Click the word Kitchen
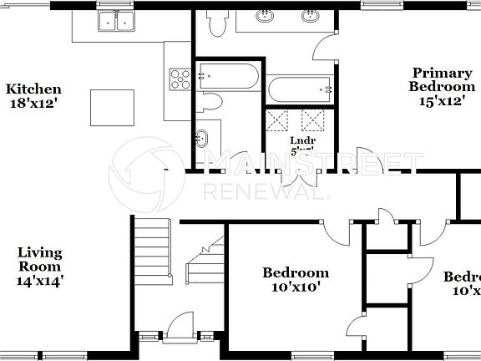[34, 89]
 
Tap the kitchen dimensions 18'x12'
[34, 104]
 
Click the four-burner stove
[180, 79]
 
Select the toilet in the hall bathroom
[211, 102]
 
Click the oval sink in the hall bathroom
[202, 137]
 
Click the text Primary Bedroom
[441, 79]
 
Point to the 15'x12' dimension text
[441, 101]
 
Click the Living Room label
[40, 259]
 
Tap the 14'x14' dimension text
[40, 282]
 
